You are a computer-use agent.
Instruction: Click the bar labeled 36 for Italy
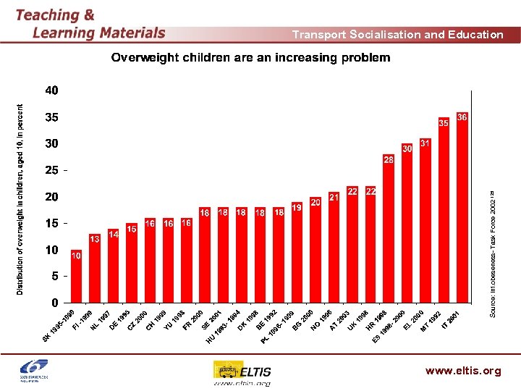tap(462, 210)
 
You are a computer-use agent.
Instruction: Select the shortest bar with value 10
tap(75, 278)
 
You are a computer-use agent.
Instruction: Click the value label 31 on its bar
tap(425, 144)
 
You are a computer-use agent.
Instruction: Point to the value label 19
tap(297, 207)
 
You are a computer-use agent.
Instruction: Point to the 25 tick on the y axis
tap(52, 171)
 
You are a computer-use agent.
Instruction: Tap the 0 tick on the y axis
tap(55, 302)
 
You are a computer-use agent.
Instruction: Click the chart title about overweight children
tap(250, 58)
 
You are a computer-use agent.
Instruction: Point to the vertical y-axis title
tap(20, 197)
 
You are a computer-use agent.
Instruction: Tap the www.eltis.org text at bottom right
tap(463, 371)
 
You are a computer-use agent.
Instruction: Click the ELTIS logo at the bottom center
tap(242, 372)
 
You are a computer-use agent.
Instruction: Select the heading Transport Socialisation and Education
tap(397, 34)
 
